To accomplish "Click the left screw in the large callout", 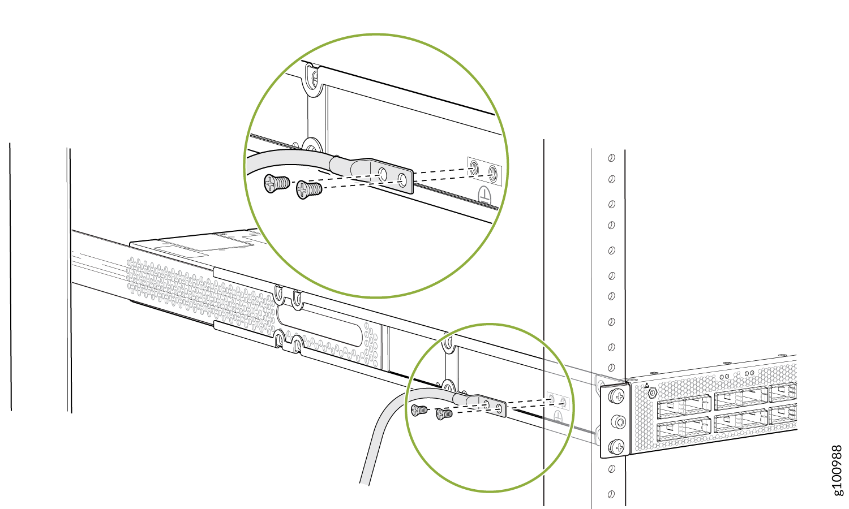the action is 277,184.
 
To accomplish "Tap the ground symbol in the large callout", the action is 484,195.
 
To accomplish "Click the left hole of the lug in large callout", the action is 383,175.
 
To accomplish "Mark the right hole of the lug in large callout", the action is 402,180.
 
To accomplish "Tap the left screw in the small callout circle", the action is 419,410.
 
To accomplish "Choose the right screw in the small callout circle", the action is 444,414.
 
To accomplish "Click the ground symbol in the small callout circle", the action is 558,417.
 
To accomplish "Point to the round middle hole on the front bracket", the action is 619,421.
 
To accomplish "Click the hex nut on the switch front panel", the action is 652,392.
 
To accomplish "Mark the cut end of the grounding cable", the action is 365,484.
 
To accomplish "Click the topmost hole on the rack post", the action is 611,158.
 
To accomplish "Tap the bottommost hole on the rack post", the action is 611,494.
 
